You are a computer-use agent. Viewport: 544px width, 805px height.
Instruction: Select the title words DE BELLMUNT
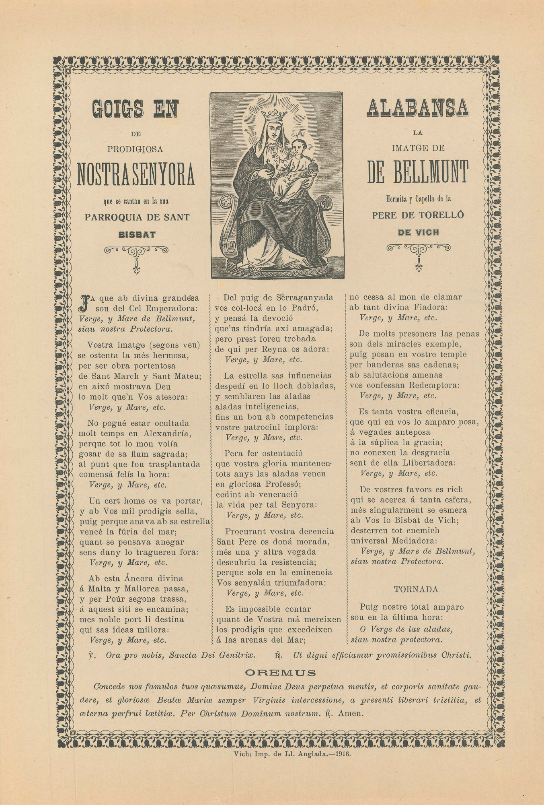(x=418, y=171)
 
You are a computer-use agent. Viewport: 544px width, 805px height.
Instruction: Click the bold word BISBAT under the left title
(x=137, y=234)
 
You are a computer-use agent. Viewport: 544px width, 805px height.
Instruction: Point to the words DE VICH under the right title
(x=418, y=232)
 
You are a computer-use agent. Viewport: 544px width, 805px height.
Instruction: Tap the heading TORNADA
(x=416, y=589)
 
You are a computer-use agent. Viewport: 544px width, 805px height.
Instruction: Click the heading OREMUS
(x=280, y=673)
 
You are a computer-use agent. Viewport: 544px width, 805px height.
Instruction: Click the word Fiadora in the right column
(x=429, y=308)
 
